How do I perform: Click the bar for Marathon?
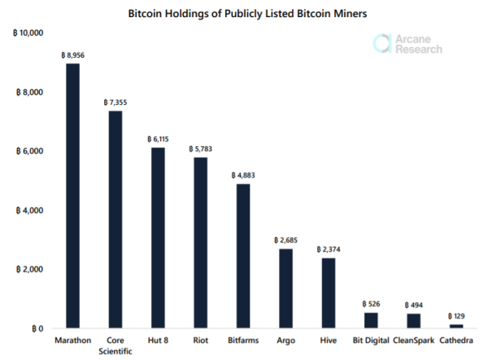coord(73,196)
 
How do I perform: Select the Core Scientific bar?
coord(115,219)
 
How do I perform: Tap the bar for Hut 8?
coord(158,238)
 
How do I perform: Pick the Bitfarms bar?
coord(243,256)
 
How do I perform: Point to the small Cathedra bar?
coord(456,326)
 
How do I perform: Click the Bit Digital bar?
coord(371,320)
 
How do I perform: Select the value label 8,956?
coord(73,55)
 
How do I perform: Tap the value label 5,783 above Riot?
coord(200,150)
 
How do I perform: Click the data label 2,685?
coord(285,241)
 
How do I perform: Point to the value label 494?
coord(414,306)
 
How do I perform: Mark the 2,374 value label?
coord(329,249)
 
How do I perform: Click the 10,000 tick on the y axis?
coord(28,33)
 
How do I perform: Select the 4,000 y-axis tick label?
coord(29,210)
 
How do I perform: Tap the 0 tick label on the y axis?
coord(37,328)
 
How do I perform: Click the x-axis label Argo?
coord(285,340)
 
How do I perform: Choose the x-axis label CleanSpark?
coord(414,340)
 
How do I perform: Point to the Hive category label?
coord(329,340)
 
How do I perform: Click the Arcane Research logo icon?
coord(381,44)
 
